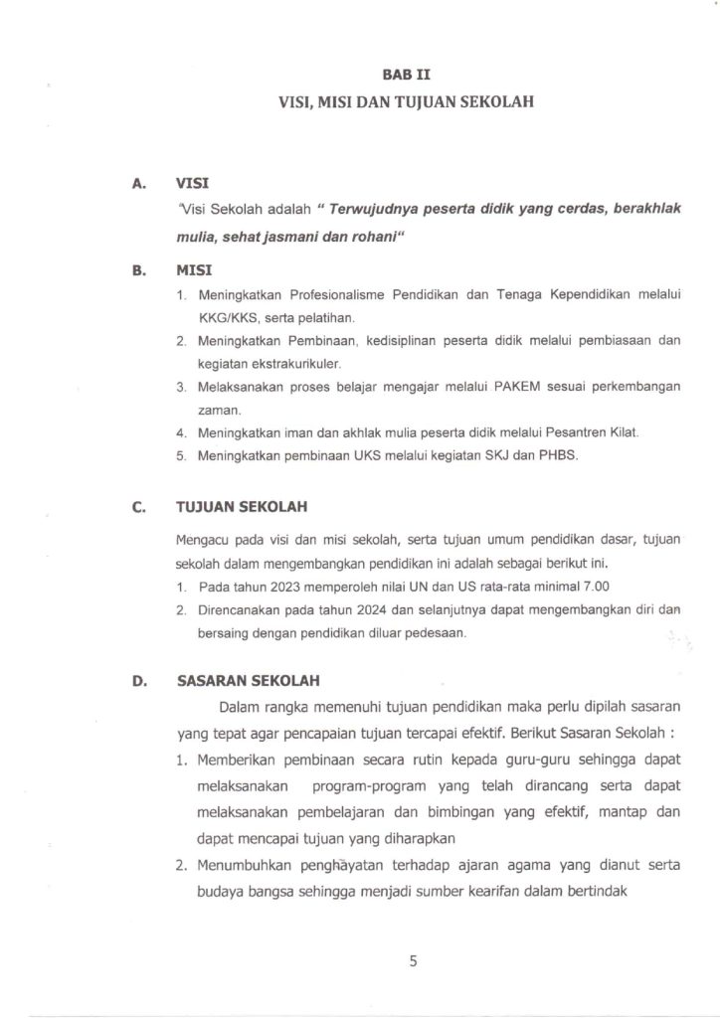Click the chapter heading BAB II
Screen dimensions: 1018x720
pos(407,74)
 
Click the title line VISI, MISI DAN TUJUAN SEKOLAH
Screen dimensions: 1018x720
pos(407,100)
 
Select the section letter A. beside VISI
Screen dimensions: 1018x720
pos(137,184)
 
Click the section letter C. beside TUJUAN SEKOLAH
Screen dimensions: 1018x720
pos(137,506)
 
